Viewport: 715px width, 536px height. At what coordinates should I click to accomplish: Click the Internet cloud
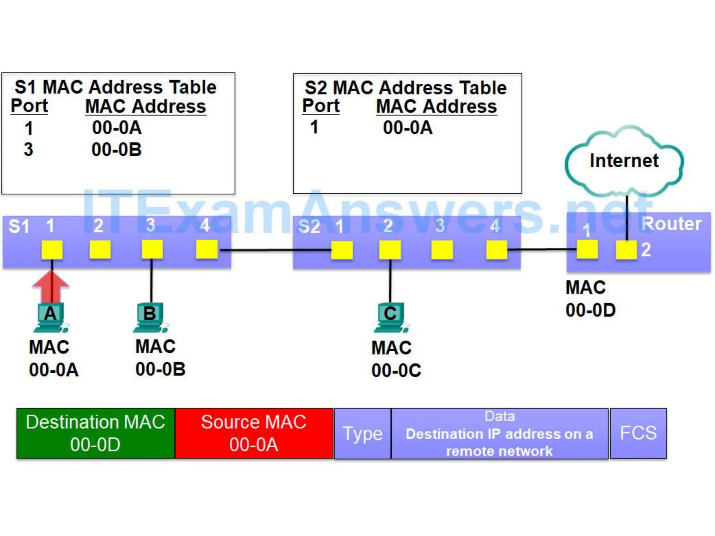(624, 161)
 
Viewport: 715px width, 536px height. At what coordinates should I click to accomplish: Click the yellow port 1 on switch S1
(52, 250)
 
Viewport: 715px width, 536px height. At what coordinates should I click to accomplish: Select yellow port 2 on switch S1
(100, 250)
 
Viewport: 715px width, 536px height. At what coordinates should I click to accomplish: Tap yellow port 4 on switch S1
(207, 250)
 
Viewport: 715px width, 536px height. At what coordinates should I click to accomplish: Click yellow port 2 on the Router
(626, 250)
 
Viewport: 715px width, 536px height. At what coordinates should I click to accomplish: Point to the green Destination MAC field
(96, 433)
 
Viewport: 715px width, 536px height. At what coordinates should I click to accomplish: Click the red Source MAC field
(254, 433)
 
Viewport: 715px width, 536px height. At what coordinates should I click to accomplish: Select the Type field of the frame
(362, 434)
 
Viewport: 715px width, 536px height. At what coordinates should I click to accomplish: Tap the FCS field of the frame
(638, 433)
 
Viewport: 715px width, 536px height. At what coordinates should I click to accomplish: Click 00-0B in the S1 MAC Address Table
(117, 150)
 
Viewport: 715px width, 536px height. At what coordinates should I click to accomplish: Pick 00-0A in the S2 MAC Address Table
(407, 128)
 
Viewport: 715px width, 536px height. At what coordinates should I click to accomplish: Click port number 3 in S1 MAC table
(29, 150)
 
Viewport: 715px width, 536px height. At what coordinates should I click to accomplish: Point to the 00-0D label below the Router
(590, 310)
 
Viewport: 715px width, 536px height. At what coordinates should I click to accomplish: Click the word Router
(671, 224)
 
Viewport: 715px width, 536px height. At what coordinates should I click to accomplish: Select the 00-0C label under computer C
(396, 371)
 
